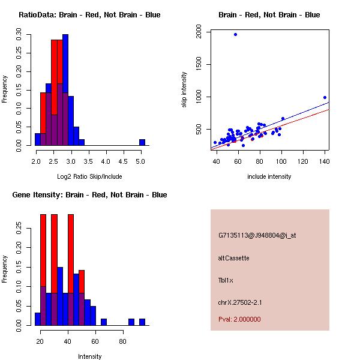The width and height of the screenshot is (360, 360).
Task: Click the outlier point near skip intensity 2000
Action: pyautogui.click(x=235, y=34)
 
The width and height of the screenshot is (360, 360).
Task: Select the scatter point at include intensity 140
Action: pyautogui.click(x=325, y=97)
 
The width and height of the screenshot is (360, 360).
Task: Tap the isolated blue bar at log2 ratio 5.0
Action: pyautogui.click(x=142, y=142)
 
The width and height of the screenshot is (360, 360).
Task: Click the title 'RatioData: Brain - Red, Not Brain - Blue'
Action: pyautogui.click(x=89, y=15)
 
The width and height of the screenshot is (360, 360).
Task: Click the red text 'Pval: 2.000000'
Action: pyautogui.click(x=239, y=319)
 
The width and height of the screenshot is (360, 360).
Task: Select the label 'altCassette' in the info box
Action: pyautogui.click(x=233, y=258)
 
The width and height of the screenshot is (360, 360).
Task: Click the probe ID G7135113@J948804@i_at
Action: pyautogui.click(x=257, y=235)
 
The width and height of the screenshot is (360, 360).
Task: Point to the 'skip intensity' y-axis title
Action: pyautogui.click(x=184, y=90)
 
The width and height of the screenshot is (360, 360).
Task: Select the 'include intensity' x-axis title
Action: pyautogui.click(x=269, y=176)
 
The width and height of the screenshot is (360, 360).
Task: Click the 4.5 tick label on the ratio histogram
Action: pyautogui.click(x=124, y=161)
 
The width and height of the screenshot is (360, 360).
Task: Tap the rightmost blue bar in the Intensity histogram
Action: pyautogui.click(x=142, y=322)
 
